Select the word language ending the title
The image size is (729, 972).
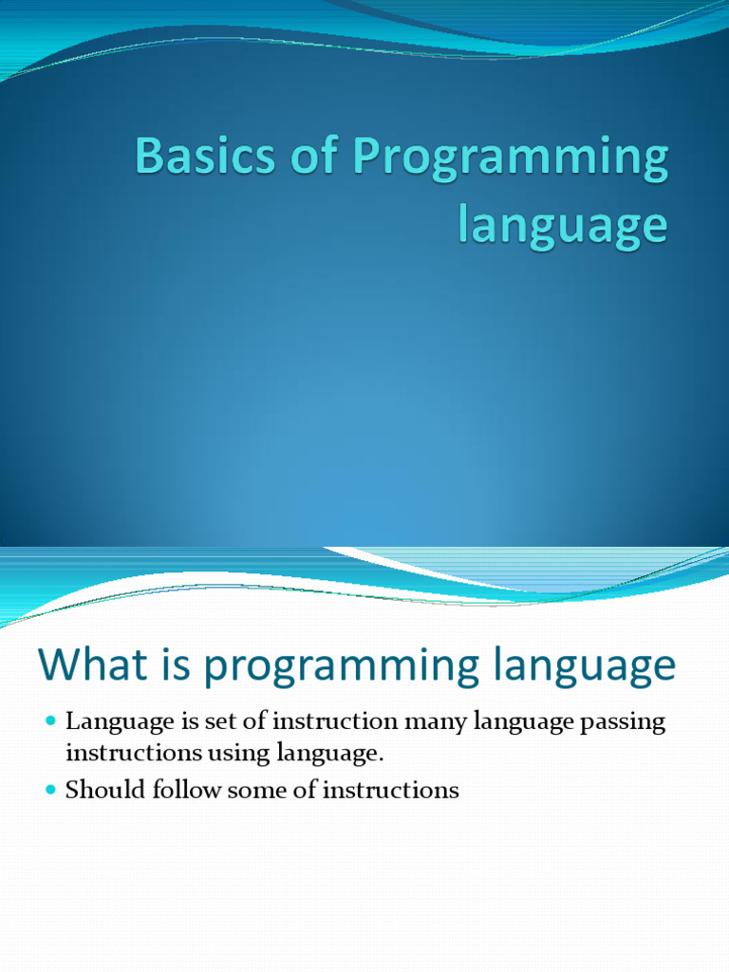pyautogui.click(x=563, y=226)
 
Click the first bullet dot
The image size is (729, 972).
pyautogui.click(x=51, y=722)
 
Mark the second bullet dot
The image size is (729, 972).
pyautogui.click(x=51, y=790)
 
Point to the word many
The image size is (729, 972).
pyautogui.click(x=431, y=723)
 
